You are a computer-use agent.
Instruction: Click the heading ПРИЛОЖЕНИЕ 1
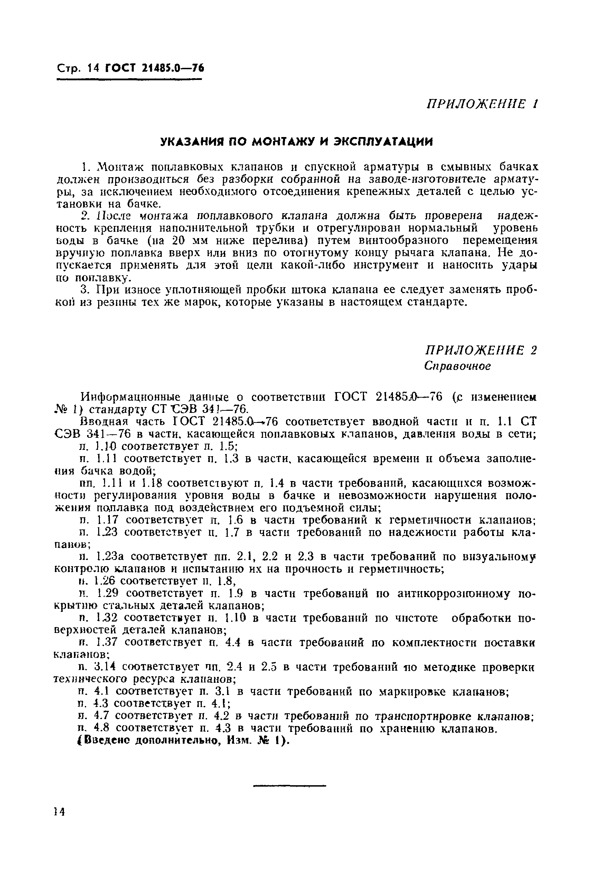(482, 104)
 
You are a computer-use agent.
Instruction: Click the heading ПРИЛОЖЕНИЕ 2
(480, 350)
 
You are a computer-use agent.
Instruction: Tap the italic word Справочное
(457, 366)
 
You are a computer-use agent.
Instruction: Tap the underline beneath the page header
(129, 79)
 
